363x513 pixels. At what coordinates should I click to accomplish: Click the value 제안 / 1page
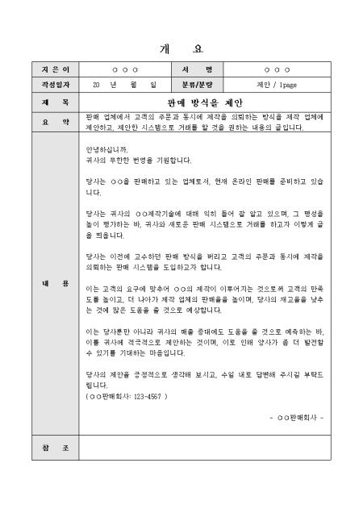[x=277, y=83]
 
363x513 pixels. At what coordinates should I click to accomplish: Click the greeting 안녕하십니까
[x=106, y=149]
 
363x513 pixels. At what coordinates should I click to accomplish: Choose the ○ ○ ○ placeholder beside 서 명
[x=277, y=69]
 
